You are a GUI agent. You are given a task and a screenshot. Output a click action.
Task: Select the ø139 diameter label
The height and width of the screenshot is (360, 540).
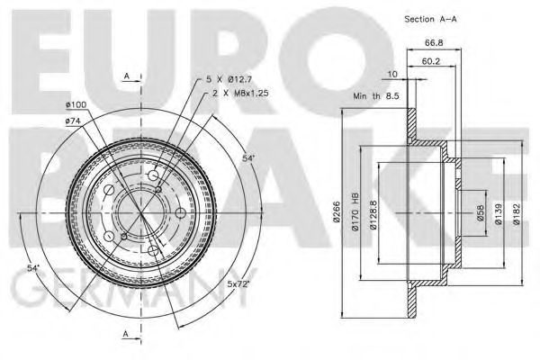pos(499,211)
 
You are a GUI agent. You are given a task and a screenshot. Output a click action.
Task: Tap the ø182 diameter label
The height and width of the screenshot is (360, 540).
pos(517,211)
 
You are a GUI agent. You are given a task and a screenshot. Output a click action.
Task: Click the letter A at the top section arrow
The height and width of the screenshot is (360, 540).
pos(126,76)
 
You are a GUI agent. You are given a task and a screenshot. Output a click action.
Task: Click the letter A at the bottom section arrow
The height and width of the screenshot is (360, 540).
pos(126,334)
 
